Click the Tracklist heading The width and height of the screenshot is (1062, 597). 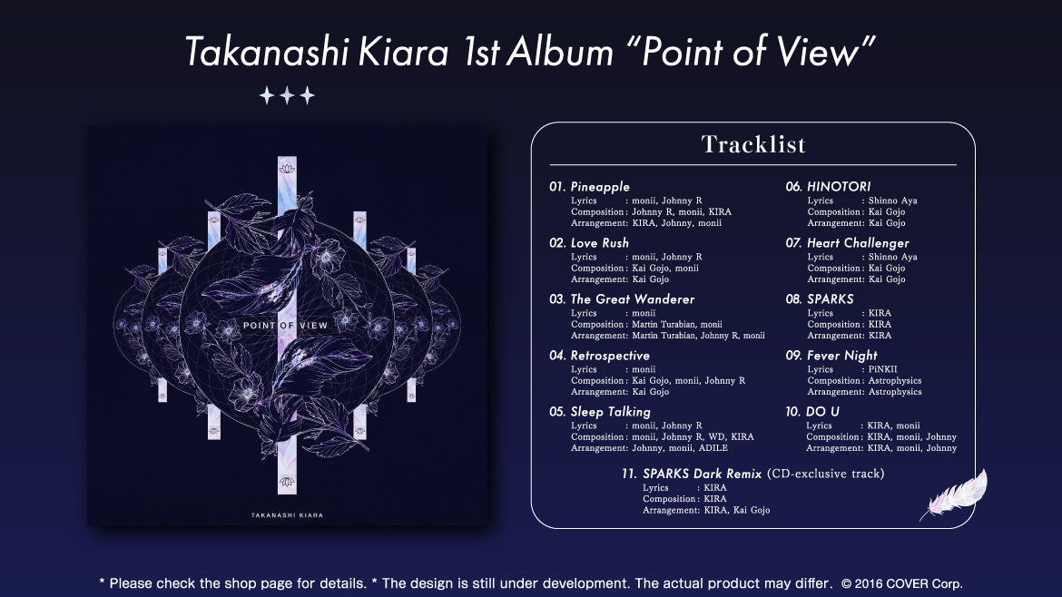point(753,144)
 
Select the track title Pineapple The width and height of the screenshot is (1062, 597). point(600,187)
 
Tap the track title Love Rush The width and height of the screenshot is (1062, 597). point(599,243)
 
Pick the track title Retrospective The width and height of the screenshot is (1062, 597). point(610,356)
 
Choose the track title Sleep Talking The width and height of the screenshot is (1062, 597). point(610,412)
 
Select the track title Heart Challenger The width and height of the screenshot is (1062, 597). point(858,243)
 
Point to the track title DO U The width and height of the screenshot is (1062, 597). point(822,412)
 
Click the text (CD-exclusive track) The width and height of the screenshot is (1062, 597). point(825,474)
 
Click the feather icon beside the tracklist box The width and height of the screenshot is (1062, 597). point(953,495)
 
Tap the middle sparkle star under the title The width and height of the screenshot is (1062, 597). point(287,95)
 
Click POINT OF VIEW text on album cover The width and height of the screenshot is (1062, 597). point(286,325)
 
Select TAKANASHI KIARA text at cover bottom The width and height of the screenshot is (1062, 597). point(287,515)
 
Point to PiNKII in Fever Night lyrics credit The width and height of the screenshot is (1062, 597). point(881,370)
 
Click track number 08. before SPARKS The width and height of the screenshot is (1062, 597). point(794,299)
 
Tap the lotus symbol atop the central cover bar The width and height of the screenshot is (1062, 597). point(287,170)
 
